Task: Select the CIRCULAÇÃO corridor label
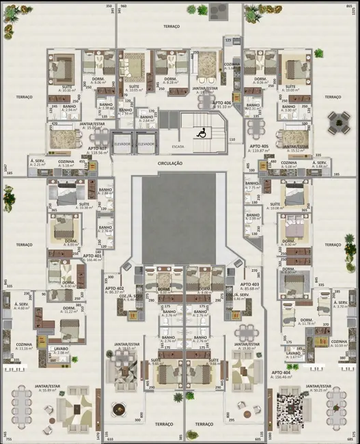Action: (170, 163)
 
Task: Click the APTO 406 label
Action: (221, 102)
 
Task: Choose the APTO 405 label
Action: (259, 146)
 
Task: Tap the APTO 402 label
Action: (114, 288)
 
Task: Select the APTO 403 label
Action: (249, 284)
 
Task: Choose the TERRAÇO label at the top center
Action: (171, 26)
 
